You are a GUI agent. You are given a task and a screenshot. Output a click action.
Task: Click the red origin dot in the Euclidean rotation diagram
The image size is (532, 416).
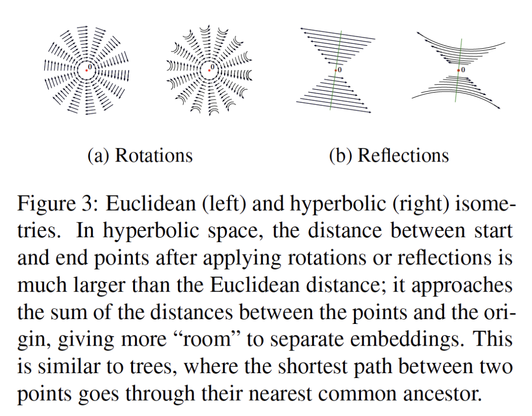87,70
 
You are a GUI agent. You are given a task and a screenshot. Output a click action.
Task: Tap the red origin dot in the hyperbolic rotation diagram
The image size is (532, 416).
209,70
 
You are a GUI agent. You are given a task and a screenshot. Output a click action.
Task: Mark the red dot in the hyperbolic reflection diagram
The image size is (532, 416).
458,71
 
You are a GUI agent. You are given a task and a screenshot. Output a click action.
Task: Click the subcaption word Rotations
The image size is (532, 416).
153,156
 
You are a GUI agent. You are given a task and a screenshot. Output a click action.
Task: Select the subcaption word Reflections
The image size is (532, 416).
403,156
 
